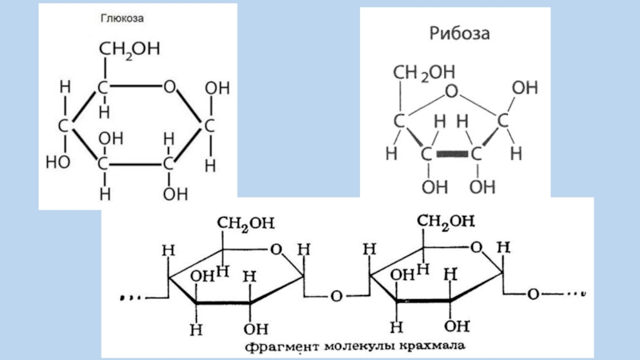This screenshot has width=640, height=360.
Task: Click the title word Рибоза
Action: tap(455, 35)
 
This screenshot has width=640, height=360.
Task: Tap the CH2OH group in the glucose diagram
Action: tap(129, 50)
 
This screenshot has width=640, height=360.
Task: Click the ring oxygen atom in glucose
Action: tap(170, 86)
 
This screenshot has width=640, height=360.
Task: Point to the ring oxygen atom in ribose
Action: tap(452, 92)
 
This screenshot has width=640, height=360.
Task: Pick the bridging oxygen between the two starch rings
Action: tap(337, 296)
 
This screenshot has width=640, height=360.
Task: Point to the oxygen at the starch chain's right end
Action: tap(533, 294)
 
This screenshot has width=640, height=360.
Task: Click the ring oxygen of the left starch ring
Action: tap(277, 250)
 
